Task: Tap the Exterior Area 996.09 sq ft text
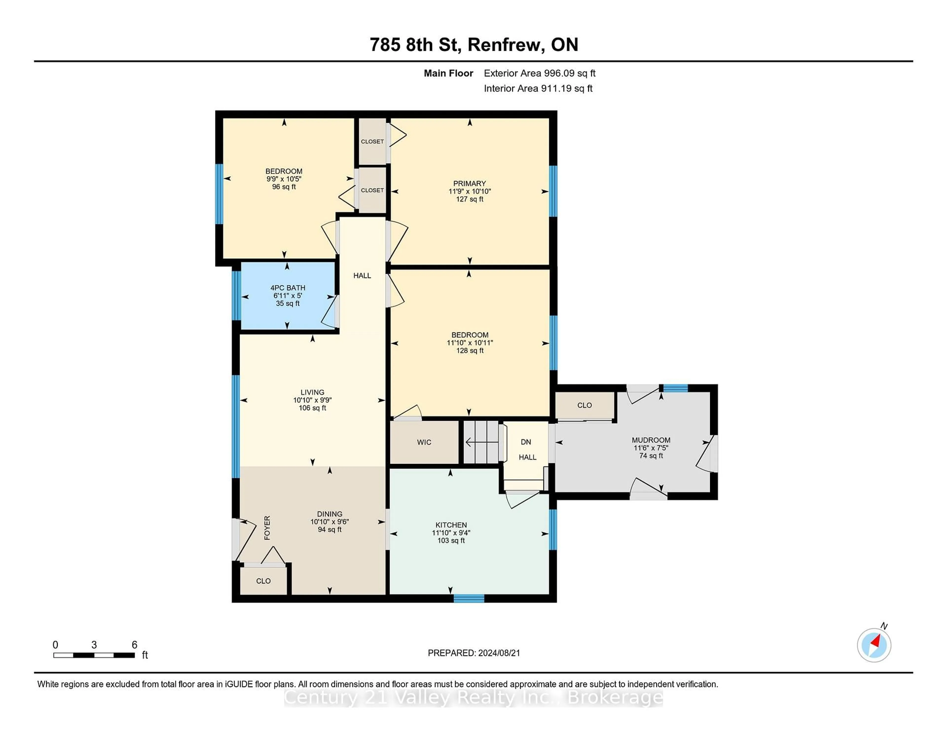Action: click(x=539, y=73)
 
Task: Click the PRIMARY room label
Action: click(x=470, y=183)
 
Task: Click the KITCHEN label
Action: click(x=451, y=525)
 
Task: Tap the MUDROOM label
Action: click(x=651, y=440)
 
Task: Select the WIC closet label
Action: click(x=424, y=442)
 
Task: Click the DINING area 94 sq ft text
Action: click(x=329, y=530)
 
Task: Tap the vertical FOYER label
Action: click(x=267, y=528)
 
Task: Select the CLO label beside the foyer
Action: click(x=263, y=581)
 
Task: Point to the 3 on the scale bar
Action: click(x=94, y=645)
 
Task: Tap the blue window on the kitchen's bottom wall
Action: click(x=469, y=598)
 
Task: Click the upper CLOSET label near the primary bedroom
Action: click(x=372, y=141)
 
